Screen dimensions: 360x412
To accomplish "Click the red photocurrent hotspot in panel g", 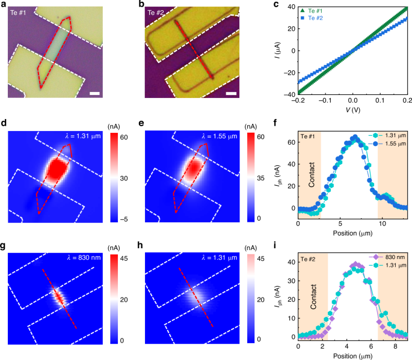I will coord(59,296).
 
